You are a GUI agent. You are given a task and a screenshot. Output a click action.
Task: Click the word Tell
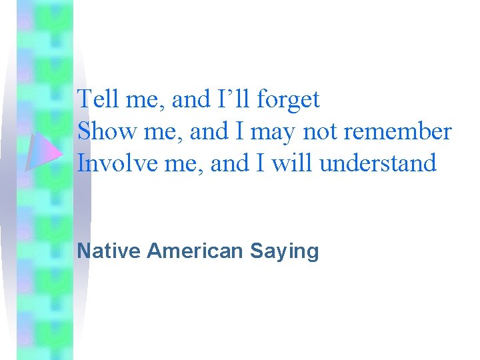pyautogui.click(x=96, y=100)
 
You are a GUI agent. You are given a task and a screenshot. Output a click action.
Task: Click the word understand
pyautogui.click(x=378, y=163)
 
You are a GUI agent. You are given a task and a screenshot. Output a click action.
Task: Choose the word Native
pyautogui.click(x=109, y=251)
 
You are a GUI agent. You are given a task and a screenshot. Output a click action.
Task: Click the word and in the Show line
pyautogui.click(x=209, y=132)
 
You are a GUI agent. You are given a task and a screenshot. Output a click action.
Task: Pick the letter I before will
pyautogui.click(x=258, y=163)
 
